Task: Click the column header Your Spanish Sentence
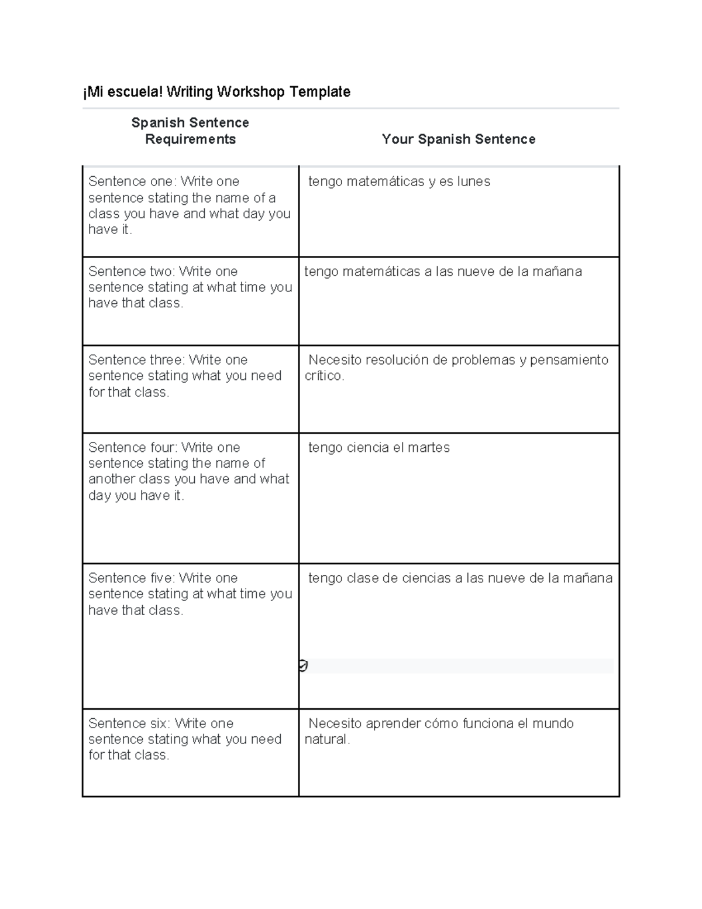pyautogui.click(x=458, y=139)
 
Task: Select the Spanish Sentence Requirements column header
pyautogui.click(x=190, y=131)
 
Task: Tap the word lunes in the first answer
pyautogui.click(x=473, y=181)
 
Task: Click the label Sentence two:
pyautogui.click(x=132, y=272)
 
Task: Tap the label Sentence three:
pyautogui.click(x=136, y=360)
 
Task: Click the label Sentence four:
pyautogui.click(x=133, y=448)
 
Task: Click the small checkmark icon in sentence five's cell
pyautogui.click(x=303, y=666)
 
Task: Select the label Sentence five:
pyautogui.click(x=132, y=578)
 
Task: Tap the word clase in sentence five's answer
pyautogui.click(x=362, y=578)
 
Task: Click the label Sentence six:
pyautogui.click(x=129, y=723)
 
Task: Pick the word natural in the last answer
pyautogui.click(x=326, y=739)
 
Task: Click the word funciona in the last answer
pyautogui.click(x=488, y=723)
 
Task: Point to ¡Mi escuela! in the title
pyautogui.click(x=123, y=92)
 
